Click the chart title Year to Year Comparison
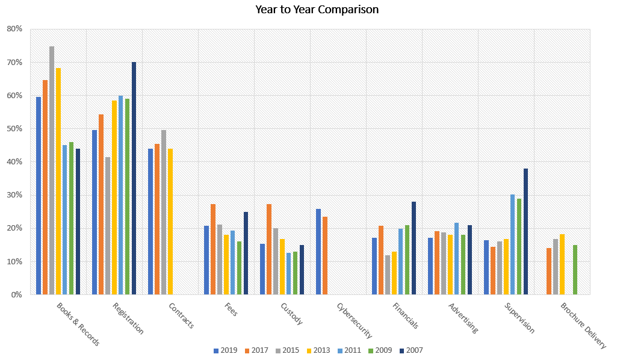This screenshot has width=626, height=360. click(317, 10)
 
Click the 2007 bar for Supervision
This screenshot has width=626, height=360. click(525, 231)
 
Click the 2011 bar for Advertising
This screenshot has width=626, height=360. click(456, 259)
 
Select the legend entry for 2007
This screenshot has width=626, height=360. click(411, 350)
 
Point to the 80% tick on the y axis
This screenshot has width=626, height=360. click(14, 29)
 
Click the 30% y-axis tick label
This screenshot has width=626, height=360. click(14, 195)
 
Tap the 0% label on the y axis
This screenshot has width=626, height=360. click(17, 294)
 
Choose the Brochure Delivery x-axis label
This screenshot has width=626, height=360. click(583, 325)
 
